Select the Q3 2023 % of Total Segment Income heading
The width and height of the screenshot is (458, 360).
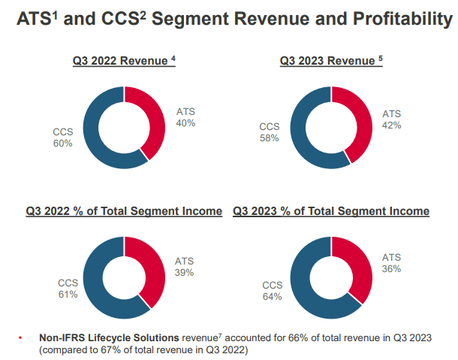point(331,211)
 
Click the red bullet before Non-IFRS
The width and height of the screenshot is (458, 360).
point(21,337)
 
